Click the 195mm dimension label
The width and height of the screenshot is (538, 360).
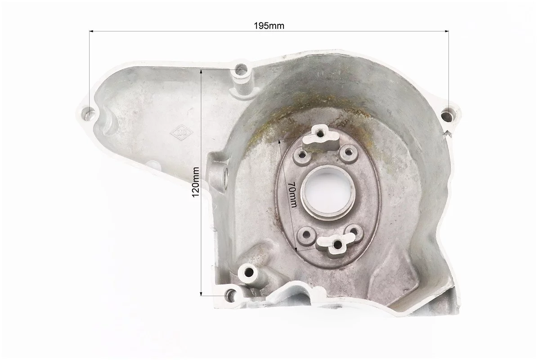point(269,26)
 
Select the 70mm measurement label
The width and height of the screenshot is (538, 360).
point(293,194)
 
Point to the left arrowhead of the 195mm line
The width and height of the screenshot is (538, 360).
point(92,31)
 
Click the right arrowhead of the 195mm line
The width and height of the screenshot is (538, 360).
point(446,31)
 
